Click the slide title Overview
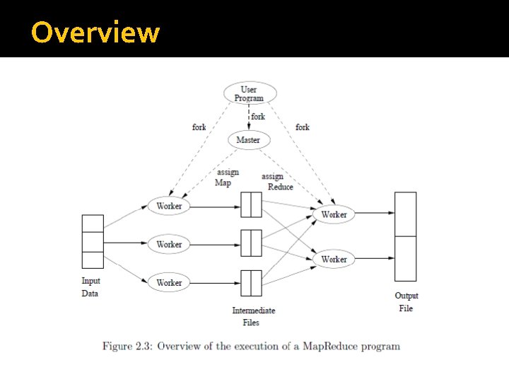(95, 33)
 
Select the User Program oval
(249, 93)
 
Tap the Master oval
(248, 140)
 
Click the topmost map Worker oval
(169, 206)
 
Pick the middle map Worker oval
(169, 244)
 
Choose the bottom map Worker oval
(169, 282)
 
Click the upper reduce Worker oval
(334, 214)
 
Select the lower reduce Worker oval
(334, 259)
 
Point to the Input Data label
(90, 287)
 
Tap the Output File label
(406, 302)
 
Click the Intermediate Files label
(253, 316)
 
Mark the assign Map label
(227, 177)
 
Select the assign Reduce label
(276, 181)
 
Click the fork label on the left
(199, 127)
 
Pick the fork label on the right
(303, 127)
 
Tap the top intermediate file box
(251, 204)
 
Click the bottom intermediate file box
(251, 283)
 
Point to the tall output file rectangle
(406, 236)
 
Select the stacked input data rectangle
(93, 242)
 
